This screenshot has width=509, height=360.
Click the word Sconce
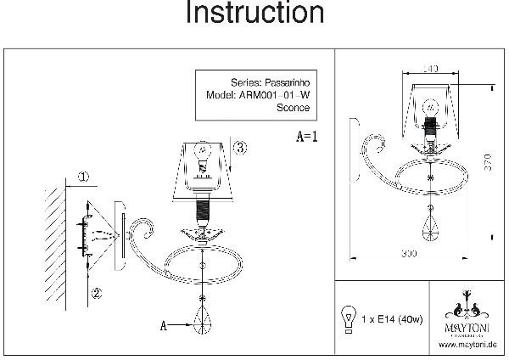click(x=294, y=108)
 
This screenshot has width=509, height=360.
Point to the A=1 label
click(x=306, y=135)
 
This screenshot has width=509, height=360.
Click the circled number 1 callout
click(x=82, y=177)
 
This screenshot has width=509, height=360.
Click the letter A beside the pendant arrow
click(x=163, y=323)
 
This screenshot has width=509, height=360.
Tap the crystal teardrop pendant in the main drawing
click(x=203, y=322)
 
